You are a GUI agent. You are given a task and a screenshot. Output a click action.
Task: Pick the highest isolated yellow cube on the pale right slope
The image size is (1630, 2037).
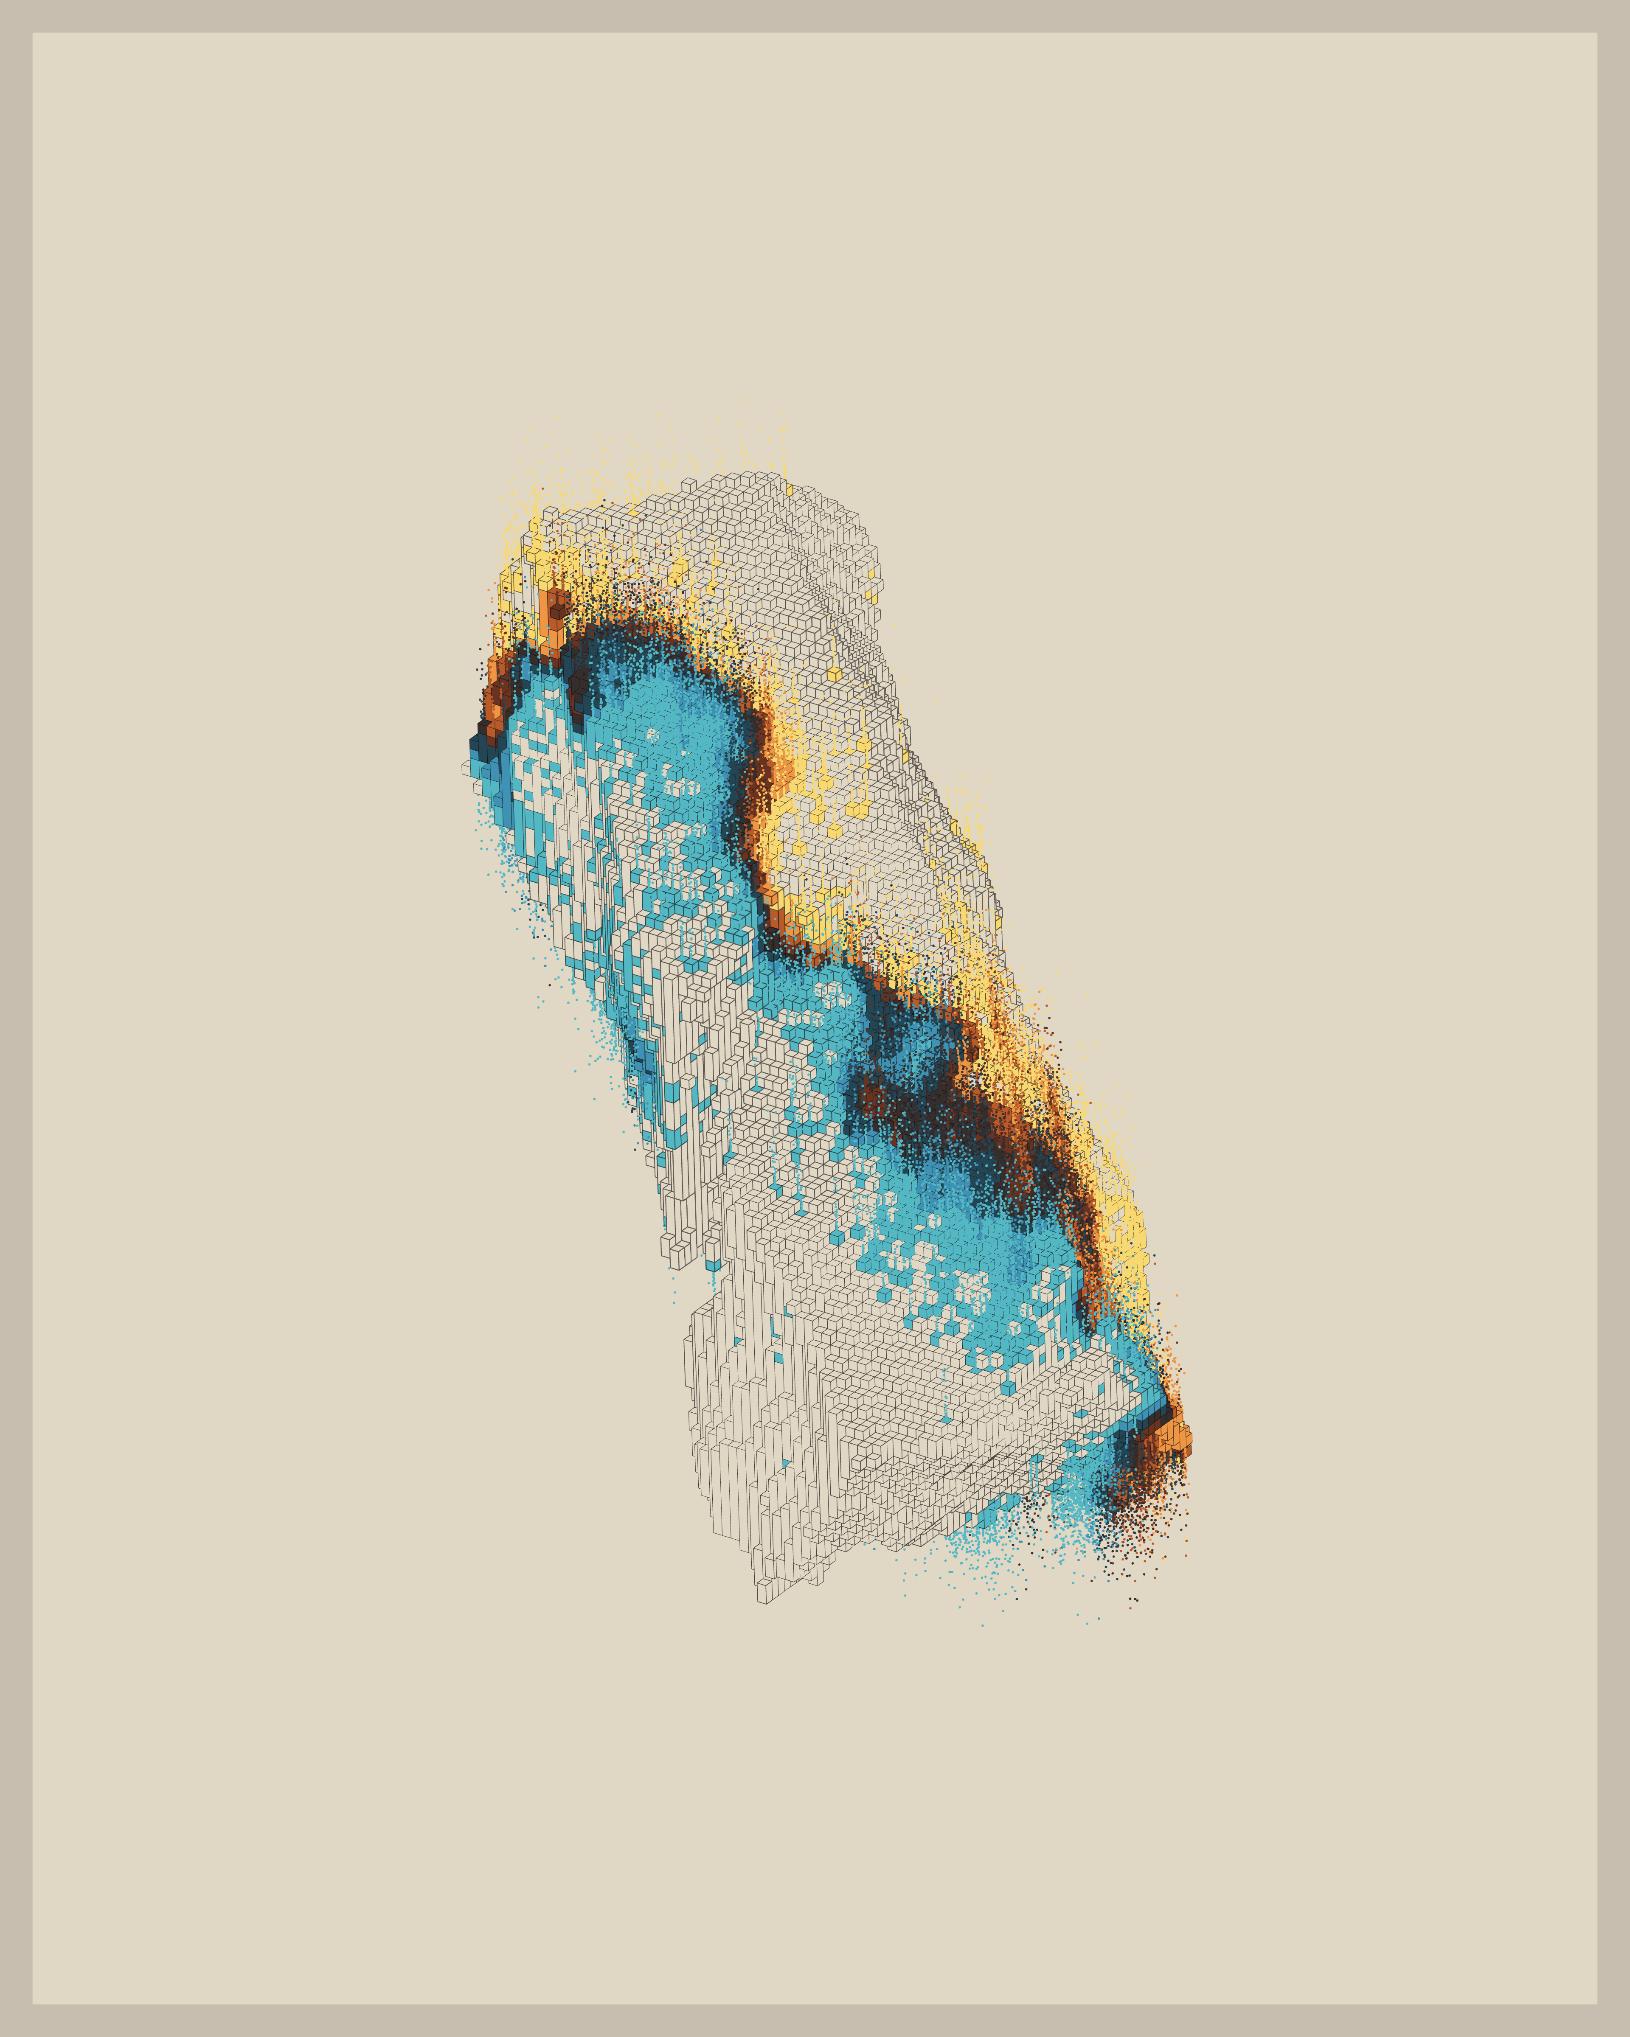click(833, 673)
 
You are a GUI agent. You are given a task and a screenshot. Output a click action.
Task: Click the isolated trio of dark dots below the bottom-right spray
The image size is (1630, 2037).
click(1133, 1599)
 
